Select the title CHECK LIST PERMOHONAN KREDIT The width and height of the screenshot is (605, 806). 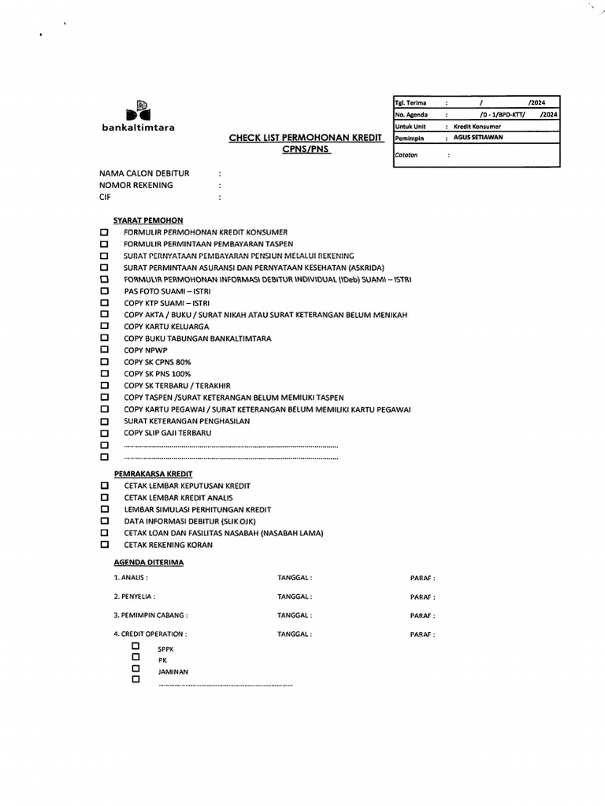tap(306, 138)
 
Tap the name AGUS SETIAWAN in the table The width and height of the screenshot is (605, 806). tap(478, 137)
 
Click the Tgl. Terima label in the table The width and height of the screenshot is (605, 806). tap(410, 102)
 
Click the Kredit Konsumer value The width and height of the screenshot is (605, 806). tap(477, 126)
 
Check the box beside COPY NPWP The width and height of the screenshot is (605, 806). tap(104, 349)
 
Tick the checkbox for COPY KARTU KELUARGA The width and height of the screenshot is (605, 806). tap(104, 326)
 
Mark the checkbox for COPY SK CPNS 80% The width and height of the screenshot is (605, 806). tap(104, 361)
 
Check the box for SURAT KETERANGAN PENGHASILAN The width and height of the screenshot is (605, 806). tap(104, 421)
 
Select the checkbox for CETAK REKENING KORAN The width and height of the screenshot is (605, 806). tap(104, 544)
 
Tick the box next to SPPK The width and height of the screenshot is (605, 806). tap(136, 645)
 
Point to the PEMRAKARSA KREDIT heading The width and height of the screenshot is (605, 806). tap(154, 474)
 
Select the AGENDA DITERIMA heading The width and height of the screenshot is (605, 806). tap(149, 563)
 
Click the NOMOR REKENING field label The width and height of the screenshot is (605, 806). tap(136, 185)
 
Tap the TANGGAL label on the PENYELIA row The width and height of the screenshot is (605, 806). tap(295, 597)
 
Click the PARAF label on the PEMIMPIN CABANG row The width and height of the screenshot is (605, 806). tap(422, 616)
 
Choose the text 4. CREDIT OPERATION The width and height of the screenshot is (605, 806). tap(150, 634)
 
